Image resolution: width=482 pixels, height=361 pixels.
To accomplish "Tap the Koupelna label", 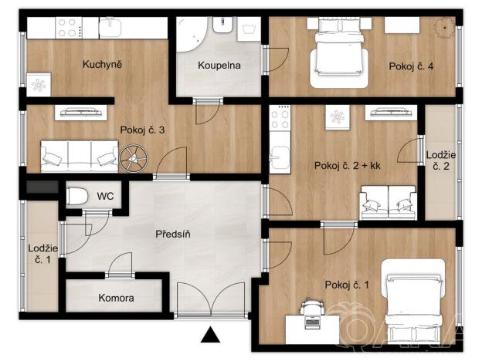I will click(x=219, y=66).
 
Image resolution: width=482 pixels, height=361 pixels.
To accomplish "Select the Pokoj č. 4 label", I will click(x=410, y=66).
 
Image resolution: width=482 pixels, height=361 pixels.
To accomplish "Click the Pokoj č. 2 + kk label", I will click(x=348, y=165).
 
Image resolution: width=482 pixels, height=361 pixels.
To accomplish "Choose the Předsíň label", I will click(x=173, y=234).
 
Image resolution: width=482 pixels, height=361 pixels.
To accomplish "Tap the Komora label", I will click(x=116, y=298).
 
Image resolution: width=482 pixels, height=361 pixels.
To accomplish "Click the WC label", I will click(x=105, y=196).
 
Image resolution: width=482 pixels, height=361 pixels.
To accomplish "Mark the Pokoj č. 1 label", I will click(x=347, y=285).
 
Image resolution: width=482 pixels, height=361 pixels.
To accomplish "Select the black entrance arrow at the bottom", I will click(x=209, y=335).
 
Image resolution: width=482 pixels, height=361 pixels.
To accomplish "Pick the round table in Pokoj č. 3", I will click(x=133, y=158).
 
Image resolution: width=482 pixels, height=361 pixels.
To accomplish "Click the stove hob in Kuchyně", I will click(x=66, y=28).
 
